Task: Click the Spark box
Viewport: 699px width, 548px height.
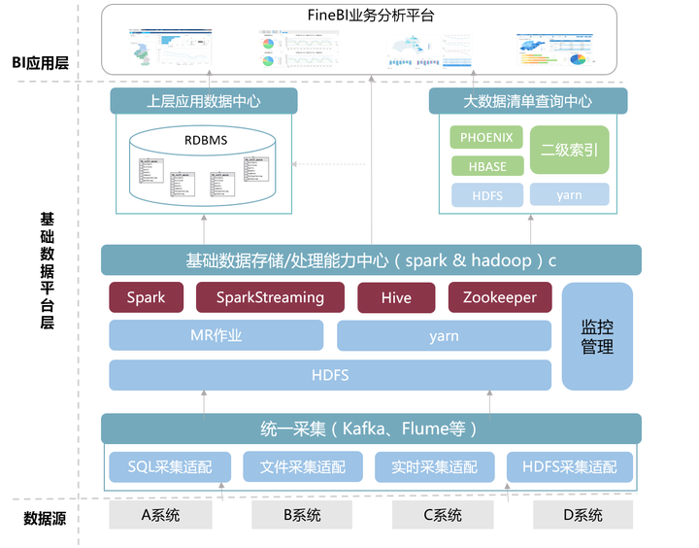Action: (x=147, y=297)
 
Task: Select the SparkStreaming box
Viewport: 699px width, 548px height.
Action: (x=270, y=297)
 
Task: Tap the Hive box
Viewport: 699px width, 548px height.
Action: (x=396, y=297)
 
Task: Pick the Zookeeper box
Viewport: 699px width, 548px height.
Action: (x=499, y=297)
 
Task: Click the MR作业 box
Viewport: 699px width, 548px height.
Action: (x=216, y=336)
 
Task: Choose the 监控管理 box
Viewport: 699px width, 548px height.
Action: (x=597, y=335)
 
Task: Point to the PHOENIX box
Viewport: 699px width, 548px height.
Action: (x=486, y=138)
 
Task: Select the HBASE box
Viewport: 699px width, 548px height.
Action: (x=486, y=166)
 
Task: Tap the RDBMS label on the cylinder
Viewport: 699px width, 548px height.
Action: (x=206, y=141)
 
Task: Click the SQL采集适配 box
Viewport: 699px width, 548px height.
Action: (x=169, y=466)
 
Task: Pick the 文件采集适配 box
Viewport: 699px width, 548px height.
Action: (x=302, y=466)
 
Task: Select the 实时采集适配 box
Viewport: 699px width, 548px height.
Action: (x=434, y=466)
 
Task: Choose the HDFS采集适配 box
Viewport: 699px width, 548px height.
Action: (x=569, y=466)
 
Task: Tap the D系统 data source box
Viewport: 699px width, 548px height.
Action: (x=583, y=515)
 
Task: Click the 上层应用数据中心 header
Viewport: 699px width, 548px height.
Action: (x=204, y=101)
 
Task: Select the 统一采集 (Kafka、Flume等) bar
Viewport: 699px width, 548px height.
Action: (x=371, y=428)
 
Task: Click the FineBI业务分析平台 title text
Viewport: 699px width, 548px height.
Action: (x=372, y=17)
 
